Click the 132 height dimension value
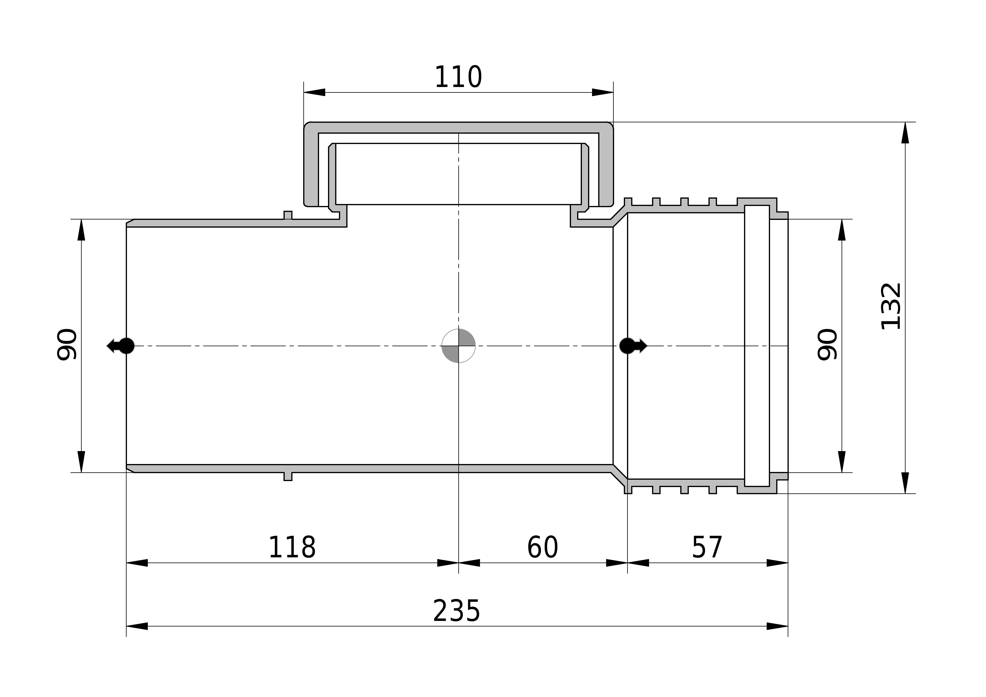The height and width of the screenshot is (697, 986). [x=890, y=306]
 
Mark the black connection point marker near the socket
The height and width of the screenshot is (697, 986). [x=633, y=346]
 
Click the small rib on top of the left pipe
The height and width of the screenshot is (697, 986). [x=288, y=215]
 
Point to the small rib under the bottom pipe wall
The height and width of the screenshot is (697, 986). [x=288, y=476]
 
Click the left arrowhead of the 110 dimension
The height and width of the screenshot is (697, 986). [x=314, y=92]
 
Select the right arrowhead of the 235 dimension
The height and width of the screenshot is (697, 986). [x=777, y=626]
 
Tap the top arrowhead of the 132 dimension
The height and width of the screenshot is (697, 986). [x=905, y=133]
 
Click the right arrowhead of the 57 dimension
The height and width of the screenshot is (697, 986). [x=777, y=563]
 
